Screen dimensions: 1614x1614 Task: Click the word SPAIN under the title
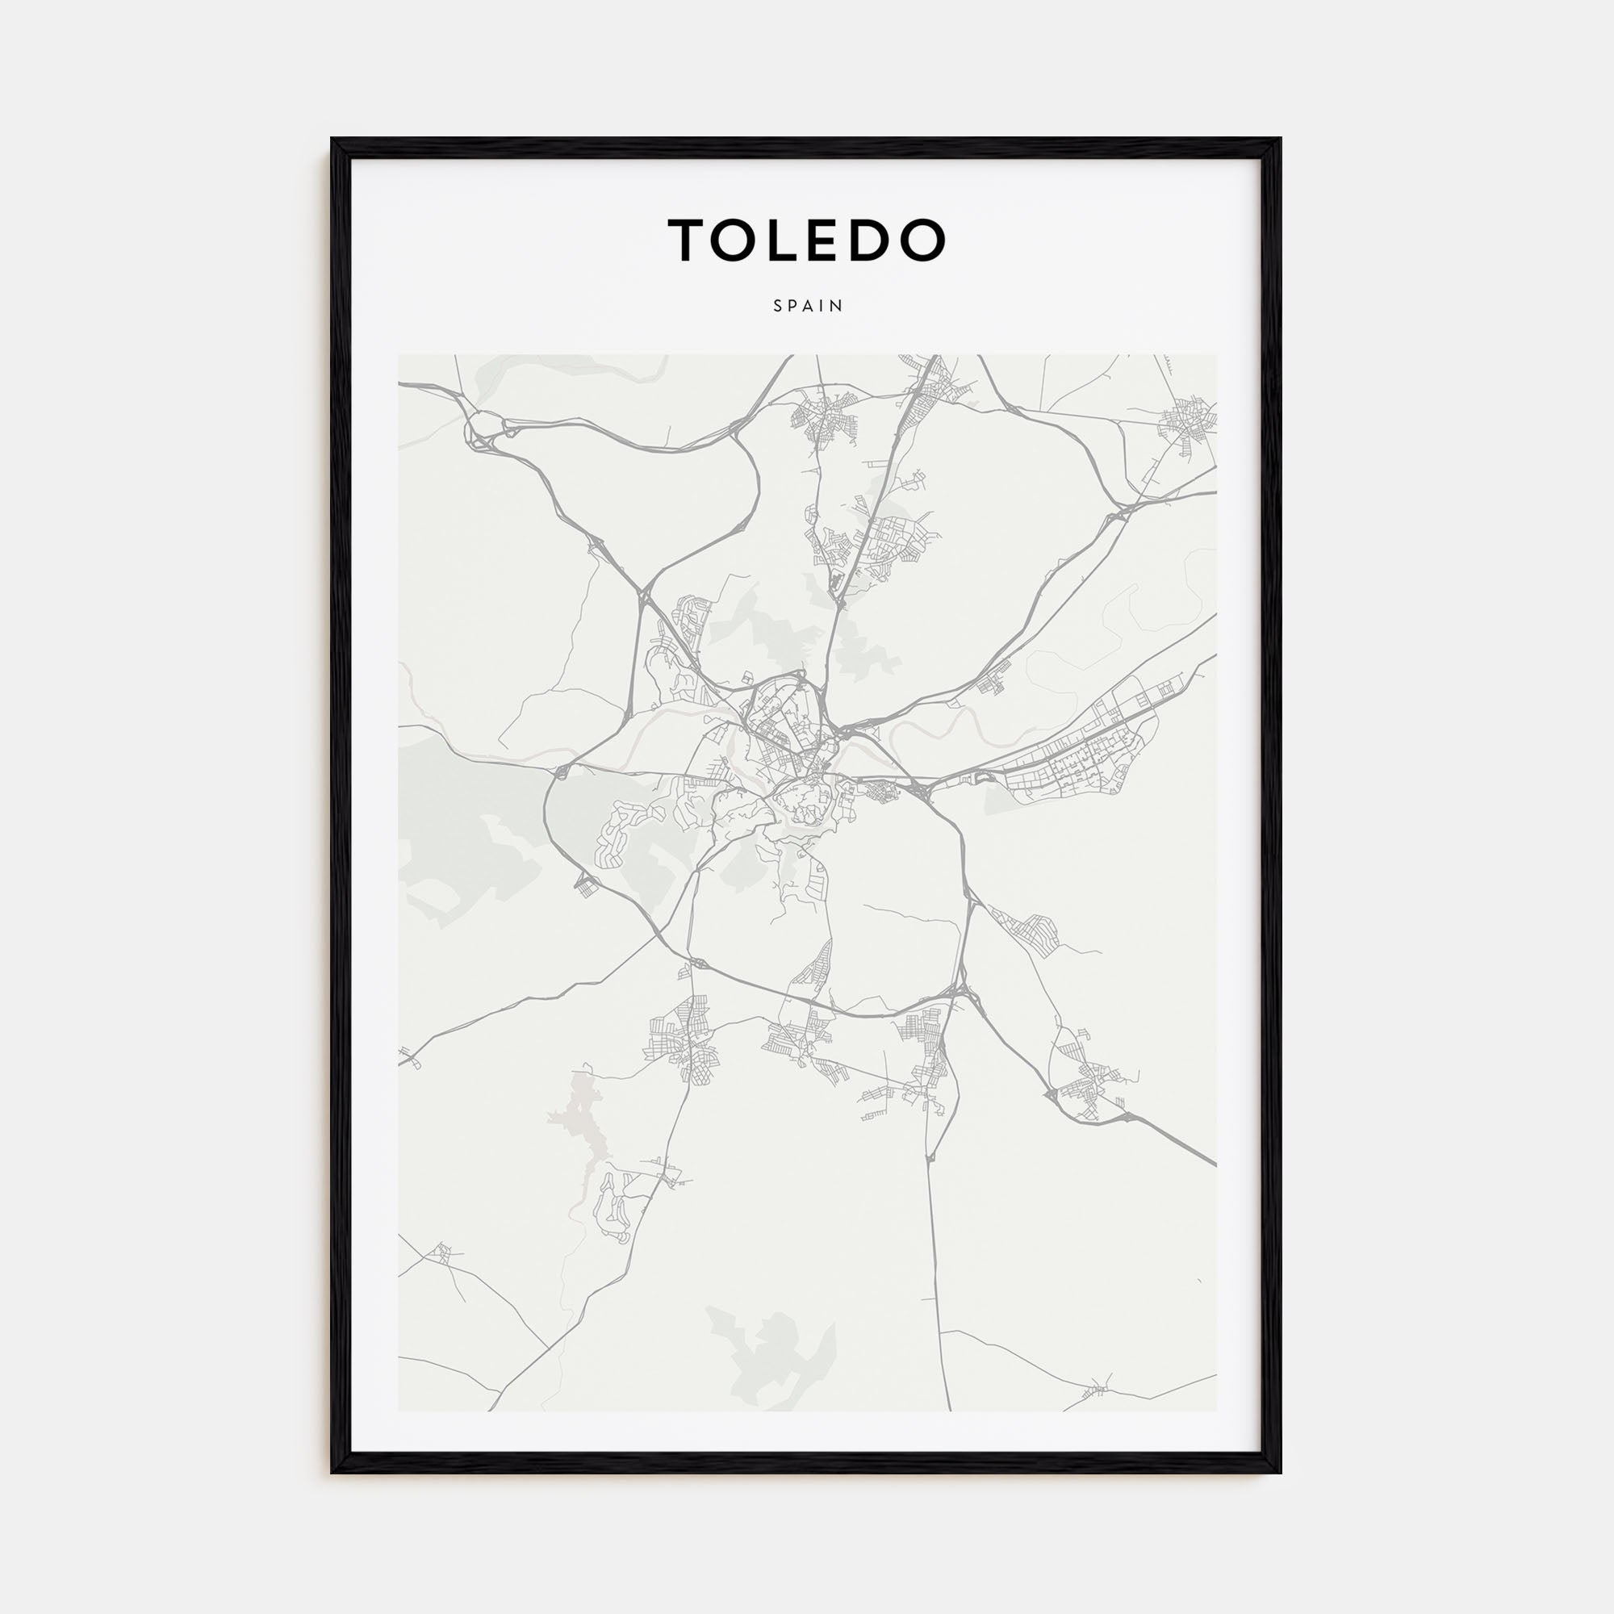[x=808, y=306]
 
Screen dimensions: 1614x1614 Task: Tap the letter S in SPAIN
[x=778, y=306]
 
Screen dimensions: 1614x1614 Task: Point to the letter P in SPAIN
[x=792, y=306]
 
